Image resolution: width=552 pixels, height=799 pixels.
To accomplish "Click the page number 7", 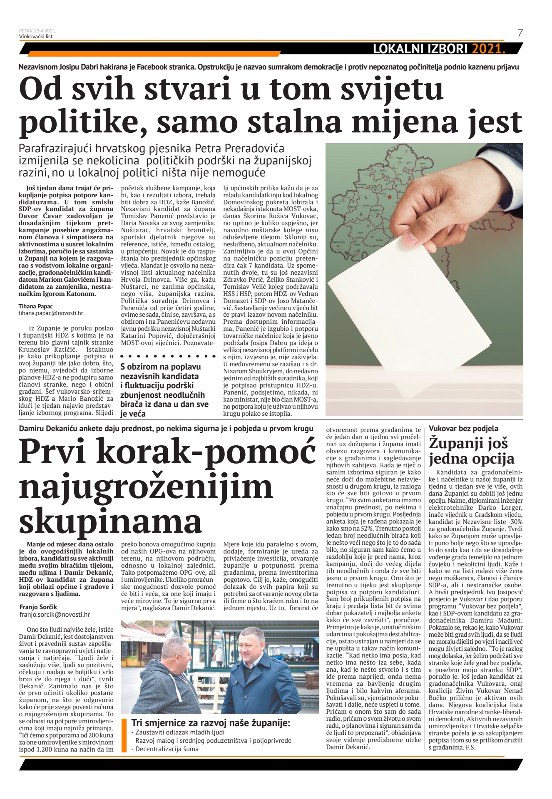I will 520,34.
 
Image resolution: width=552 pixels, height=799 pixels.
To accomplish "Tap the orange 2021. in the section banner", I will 488,49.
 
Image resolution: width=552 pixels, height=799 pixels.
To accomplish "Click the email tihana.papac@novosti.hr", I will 47,313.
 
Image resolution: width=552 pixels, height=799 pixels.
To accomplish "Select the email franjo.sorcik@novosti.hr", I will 55,614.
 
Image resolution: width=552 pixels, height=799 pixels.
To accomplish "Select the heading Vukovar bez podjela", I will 463,428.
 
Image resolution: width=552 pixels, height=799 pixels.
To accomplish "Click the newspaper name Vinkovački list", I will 36,36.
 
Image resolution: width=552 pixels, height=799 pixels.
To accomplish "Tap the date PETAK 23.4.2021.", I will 37,31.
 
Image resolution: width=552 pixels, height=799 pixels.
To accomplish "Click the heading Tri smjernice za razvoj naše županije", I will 211,723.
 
